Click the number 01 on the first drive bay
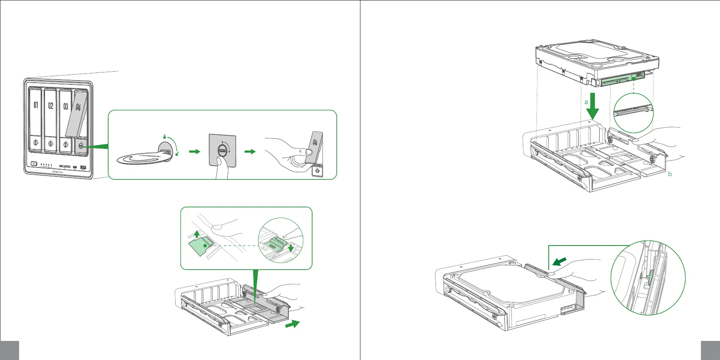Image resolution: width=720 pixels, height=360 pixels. (x=36, y=105)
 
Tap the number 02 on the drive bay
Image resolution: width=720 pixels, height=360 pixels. (x=51, y=106)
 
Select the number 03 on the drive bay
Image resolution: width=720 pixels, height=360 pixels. (x=66, y=106)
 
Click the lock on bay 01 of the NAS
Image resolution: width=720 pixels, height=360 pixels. (x=36, y=143)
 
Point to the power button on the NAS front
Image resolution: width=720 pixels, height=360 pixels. (x=34, y=164)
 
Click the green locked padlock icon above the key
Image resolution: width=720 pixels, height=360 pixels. (x=164, y=137)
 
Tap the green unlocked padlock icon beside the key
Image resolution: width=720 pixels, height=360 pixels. (x=176, y=153)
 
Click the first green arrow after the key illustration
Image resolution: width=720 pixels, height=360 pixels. (x=194, y=151)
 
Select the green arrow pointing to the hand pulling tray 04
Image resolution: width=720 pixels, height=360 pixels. (x=250, y=151)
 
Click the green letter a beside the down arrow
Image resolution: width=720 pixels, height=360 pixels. (x=586, y=102)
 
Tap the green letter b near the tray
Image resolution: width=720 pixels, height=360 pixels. (x=670, y=174)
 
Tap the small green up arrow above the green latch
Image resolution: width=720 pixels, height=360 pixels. (x=196, y=233)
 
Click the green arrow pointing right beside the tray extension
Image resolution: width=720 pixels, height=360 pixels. (x=293, y=324)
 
